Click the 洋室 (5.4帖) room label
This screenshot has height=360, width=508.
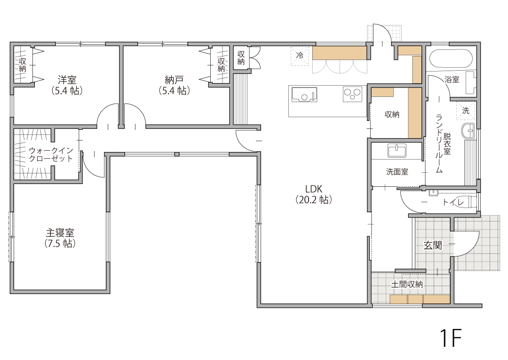[x=67, y=85]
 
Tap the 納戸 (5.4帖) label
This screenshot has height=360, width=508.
[x=175, y=85]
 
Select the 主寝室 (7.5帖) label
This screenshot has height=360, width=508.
[x=60, y=238]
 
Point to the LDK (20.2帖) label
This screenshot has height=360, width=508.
[x=314, y=194]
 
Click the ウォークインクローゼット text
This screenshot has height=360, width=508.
[x=51, y=154]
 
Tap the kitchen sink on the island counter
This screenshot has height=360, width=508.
[x=304, y=94]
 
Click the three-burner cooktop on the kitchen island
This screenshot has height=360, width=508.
[x=352, y=94]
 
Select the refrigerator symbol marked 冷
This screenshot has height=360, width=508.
[x=300, y=56]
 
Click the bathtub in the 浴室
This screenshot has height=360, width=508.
[x=451, y=58]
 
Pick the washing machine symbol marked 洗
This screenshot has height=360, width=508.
[x=466, y=111]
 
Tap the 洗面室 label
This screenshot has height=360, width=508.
[x=397, y=172]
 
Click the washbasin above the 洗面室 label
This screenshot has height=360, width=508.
[x=397, y=151]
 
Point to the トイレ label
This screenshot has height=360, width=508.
[x=453, y=202]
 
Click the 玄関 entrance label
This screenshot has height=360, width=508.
[x=433, y=245]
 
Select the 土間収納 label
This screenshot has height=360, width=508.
[x=407, y=285]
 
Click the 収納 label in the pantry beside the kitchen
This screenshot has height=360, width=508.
[x=392, y=114]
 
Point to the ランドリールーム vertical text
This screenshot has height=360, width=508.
[x=439, y=144]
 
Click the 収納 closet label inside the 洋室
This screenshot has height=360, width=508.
[x=23, y=65]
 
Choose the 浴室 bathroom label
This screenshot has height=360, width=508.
[x=452, y=79]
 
